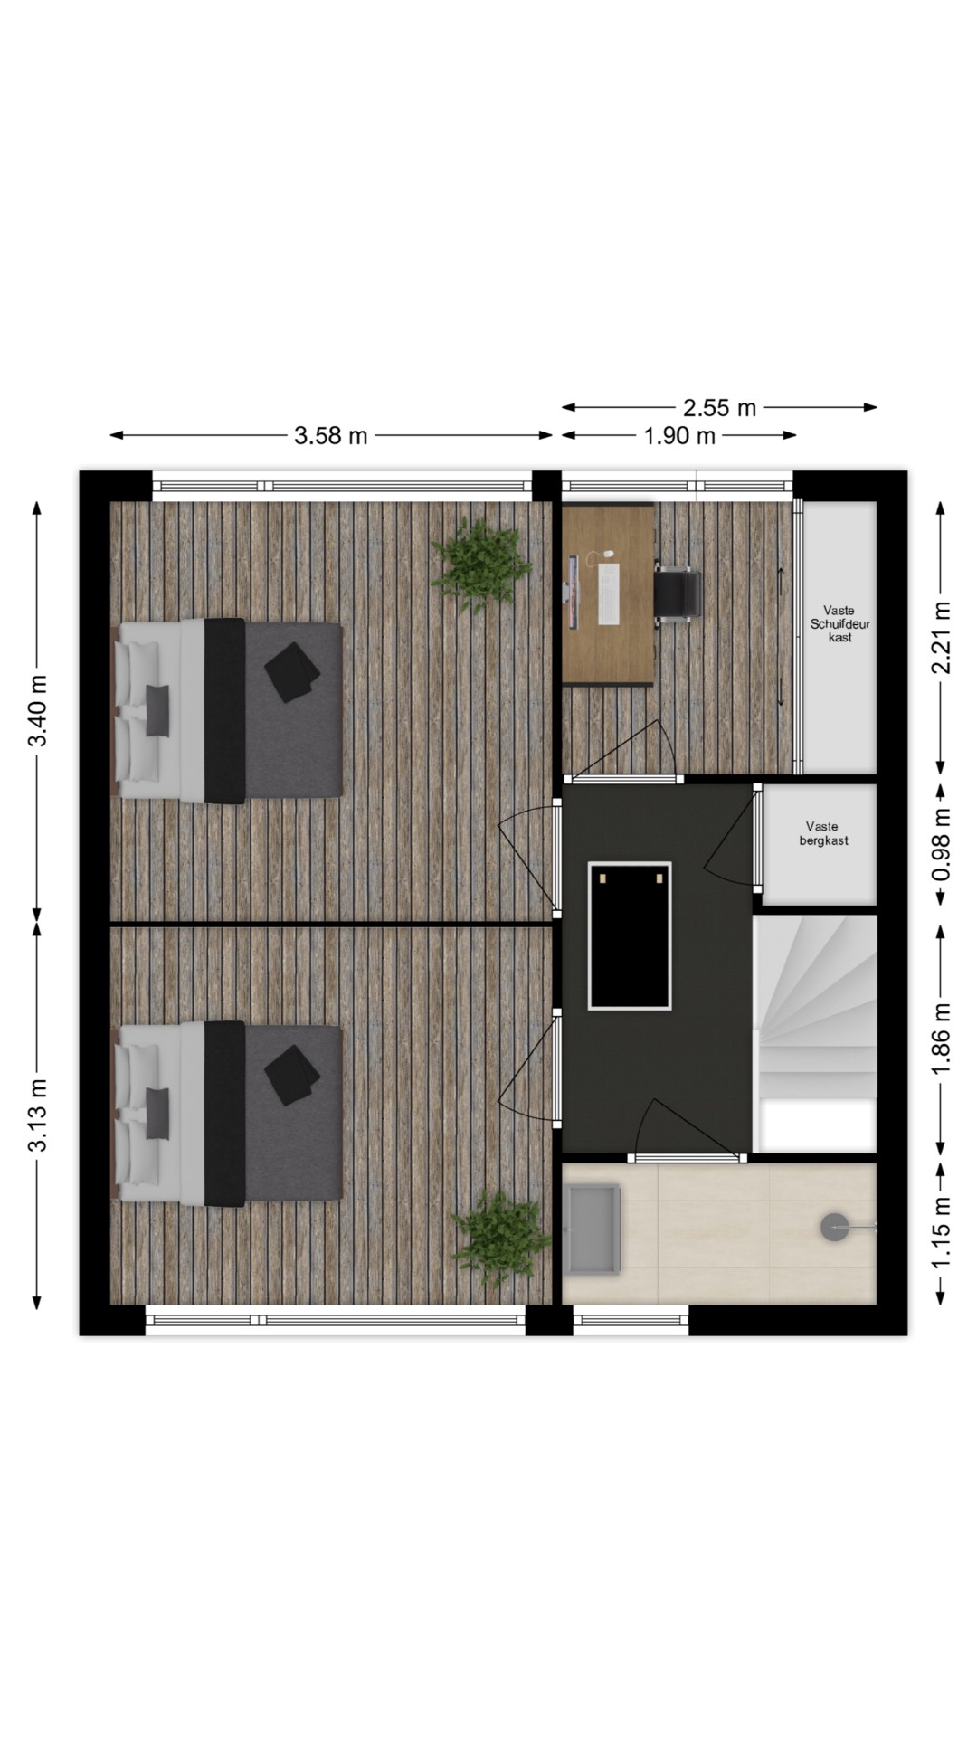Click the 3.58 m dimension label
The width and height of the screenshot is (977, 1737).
point(331,436)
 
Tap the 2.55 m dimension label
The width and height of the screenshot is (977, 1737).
point(719,408)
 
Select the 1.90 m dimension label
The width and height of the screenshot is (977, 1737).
point(679,436)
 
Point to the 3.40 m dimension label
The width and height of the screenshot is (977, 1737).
point(38,711)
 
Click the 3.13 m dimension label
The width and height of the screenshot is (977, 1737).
point(38,1115)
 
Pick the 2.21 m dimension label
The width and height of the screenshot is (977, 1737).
point(942,638)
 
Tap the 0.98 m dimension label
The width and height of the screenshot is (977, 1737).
point(942,844)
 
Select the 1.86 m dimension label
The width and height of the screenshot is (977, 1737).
point(942,1039)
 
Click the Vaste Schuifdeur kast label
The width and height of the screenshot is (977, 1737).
point(840,624)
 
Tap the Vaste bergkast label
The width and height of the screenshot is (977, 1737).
point(823,833)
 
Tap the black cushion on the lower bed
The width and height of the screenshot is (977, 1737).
point(292,1076)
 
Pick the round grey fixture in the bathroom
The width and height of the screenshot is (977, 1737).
point(834,1228)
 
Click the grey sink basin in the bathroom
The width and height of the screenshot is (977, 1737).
point(593,1229)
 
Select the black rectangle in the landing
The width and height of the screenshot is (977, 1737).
point(630,935)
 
